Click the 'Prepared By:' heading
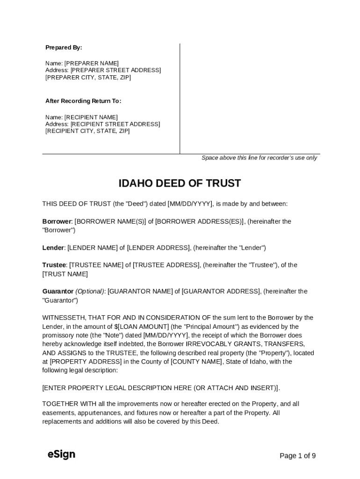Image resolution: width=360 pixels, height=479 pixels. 64,47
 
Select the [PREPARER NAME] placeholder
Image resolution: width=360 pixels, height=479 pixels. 91,63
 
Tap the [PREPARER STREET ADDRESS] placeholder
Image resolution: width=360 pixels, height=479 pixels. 115,70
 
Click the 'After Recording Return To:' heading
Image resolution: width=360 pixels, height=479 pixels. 83,101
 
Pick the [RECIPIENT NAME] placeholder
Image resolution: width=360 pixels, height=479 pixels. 91,117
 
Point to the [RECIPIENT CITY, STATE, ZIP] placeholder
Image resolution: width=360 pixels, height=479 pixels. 87,131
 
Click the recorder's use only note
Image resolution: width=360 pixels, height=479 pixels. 259,158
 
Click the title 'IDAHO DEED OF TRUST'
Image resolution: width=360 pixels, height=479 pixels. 180,183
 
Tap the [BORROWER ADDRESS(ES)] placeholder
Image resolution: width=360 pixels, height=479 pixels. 200,221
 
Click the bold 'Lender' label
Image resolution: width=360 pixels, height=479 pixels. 53,247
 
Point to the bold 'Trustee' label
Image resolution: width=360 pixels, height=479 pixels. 54,265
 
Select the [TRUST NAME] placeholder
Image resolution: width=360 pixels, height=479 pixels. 65,274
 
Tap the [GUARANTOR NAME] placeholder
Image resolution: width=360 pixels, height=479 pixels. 140,291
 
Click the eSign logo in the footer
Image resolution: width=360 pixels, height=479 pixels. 61,454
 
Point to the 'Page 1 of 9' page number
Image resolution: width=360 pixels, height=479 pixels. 297,456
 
